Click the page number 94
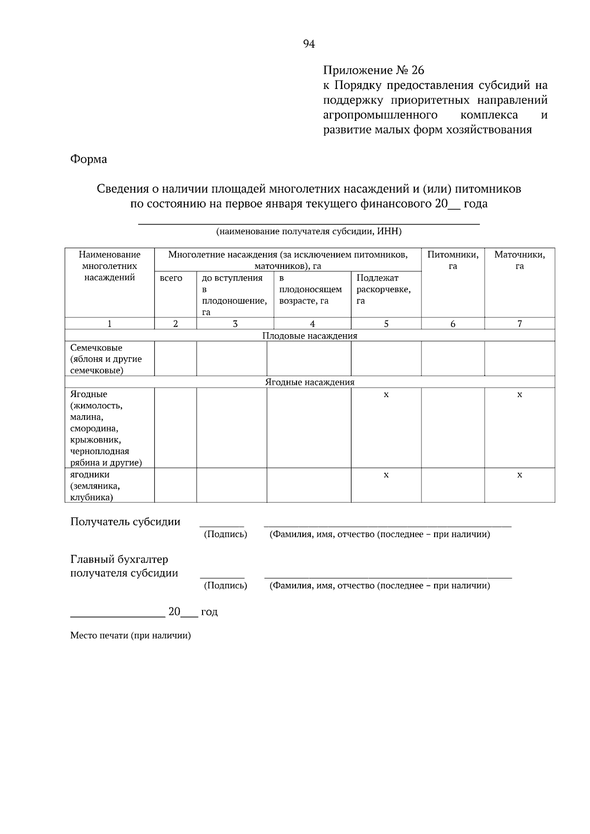[x=309, y=44]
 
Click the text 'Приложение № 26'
[x=373, y=70]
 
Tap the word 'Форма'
[x=88, y=159]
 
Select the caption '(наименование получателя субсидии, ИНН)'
[x=309, y=231]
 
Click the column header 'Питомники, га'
[x=452, y=260]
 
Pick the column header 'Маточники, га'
[x=519, y=260]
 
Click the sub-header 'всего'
[x=171, y=278]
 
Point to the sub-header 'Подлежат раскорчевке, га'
[x=383, y=289]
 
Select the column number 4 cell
[x=312, y=323]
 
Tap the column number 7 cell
[x=519, y=323]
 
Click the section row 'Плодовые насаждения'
[x=310, y=336]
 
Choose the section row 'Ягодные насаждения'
[x=310, y=382]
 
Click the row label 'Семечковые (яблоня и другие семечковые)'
[x=106, y=359]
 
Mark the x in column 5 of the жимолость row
[x=386, y=395]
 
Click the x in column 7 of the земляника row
[x=519, y=475]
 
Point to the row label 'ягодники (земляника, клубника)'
[x=95, y=486]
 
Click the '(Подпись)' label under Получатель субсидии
[x=225, y=534]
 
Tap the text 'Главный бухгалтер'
[x=119, y=559]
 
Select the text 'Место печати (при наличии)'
[x=130, y=635]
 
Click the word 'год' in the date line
[x=209, y=612]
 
